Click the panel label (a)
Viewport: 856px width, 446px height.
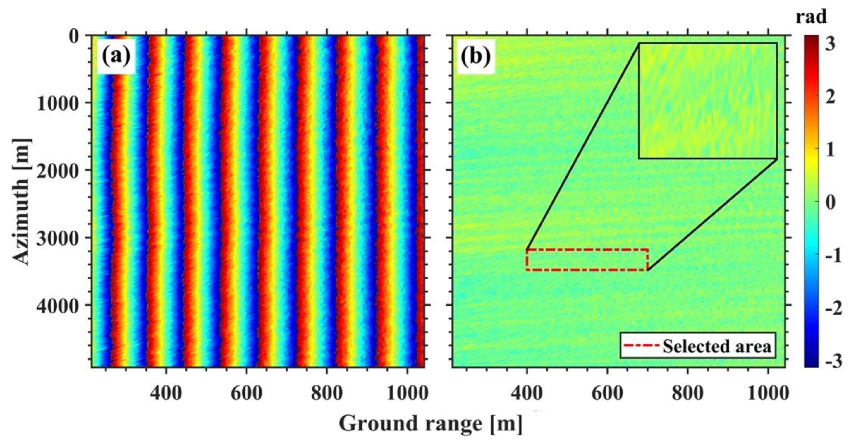click(x=116, y=57)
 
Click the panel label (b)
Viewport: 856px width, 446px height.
click(x=476, y=57)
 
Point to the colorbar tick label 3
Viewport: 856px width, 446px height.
click(x=830, y=44)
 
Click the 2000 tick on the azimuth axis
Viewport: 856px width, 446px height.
click(x=56, y=171)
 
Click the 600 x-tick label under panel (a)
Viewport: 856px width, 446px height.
click(x=246, y=394)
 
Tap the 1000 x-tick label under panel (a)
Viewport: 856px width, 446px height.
click(x=408, y=394)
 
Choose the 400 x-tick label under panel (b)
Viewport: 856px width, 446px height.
click(x=527, y=394)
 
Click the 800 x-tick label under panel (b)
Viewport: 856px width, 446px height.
click(x=687, y=394)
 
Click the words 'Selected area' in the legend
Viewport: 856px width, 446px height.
click(x=717, y=346)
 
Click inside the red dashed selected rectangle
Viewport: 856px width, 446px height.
click(x=587, y=260)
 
